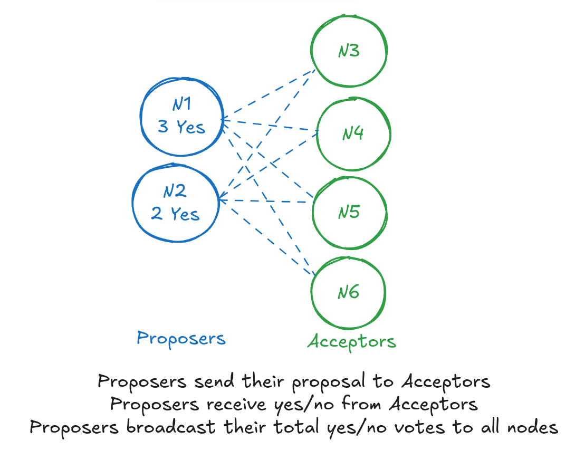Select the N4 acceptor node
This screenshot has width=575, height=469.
click(x=353, y=133)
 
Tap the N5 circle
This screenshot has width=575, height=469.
click(x=349, y=212)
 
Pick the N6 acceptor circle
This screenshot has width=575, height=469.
click(x=348, y=292)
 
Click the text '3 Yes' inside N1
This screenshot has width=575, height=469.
click(x=181, y=127)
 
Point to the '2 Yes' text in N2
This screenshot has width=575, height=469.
click(x=175, y=214)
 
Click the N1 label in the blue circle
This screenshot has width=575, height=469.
click(x=181, y=104)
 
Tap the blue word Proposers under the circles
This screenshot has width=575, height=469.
click(x=181, y=338)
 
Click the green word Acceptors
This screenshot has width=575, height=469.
click(x=352, y=342)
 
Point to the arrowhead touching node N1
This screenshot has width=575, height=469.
click(x=223, y=120)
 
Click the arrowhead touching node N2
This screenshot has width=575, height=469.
click(x=221, y=200)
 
